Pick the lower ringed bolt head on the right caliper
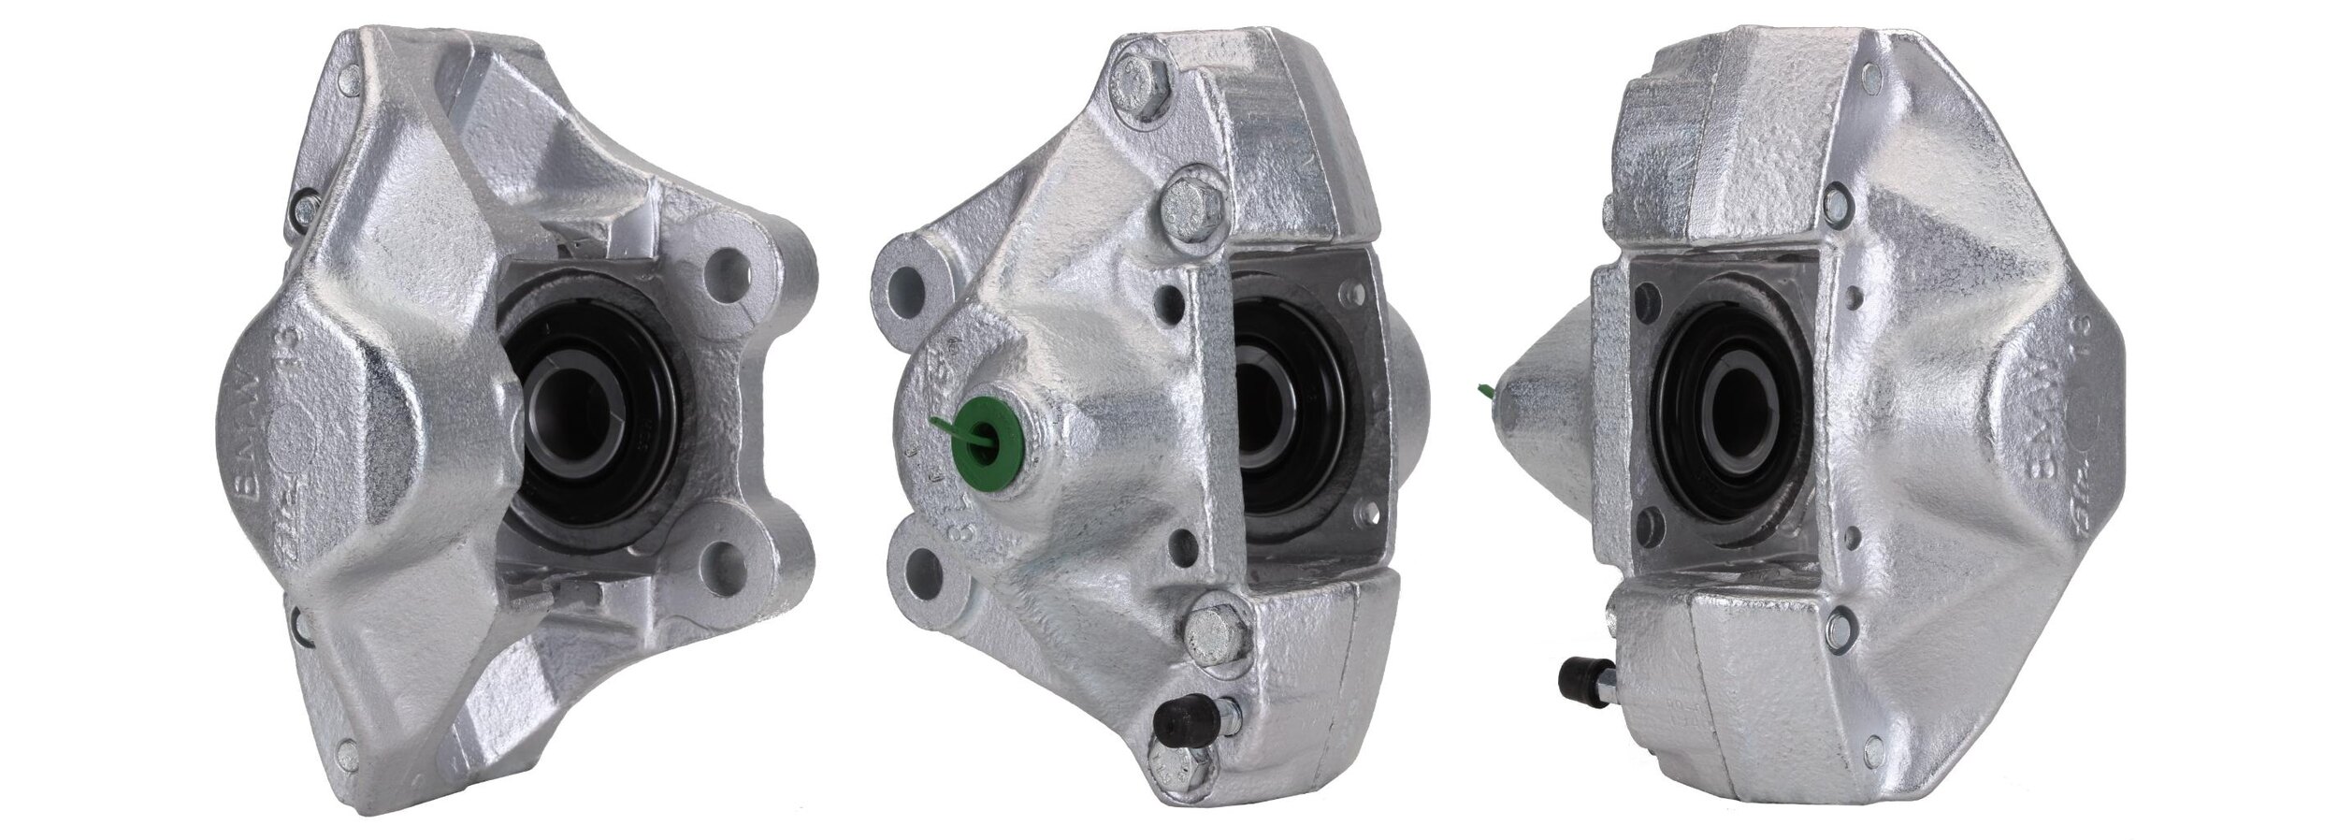tap(1840, 618)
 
